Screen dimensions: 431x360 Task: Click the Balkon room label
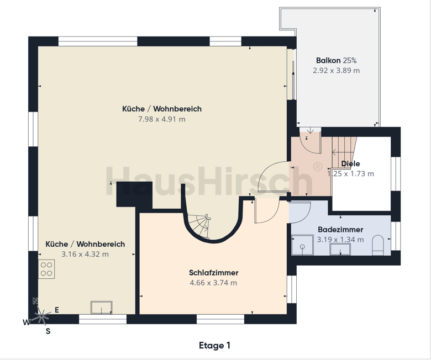pos(328,60)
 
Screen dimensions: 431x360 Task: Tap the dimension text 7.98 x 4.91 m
pos(161,119)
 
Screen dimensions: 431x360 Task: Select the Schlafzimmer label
pos(214,273)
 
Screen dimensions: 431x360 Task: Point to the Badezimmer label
pos(340,230)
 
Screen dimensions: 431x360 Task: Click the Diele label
pos(350,163)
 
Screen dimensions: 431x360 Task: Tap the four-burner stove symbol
pos(46,269)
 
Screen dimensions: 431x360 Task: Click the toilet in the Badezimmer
pos(377,245)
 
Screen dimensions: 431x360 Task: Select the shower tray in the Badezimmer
pos(302,245)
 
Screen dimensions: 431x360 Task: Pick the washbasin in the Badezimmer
pos(340,249)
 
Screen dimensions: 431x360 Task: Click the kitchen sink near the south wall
pos(102,308)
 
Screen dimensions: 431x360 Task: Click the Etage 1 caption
pos(214,346)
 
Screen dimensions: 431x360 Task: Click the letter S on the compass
pos(48,331)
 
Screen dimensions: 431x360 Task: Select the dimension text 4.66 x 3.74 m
pos(213,283)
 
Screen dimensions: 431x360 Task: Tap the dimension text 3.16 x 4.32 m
pos(85,255)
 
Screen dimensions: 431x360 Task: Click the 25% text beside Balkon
pos(350,60)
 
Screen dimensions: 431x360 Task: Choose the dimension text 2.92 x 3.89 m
pos(336,71)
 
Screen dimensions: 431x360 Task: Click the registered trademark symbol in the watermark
pos(318,167)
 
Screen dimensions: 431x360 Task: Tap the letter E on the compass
pos(57,310)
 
